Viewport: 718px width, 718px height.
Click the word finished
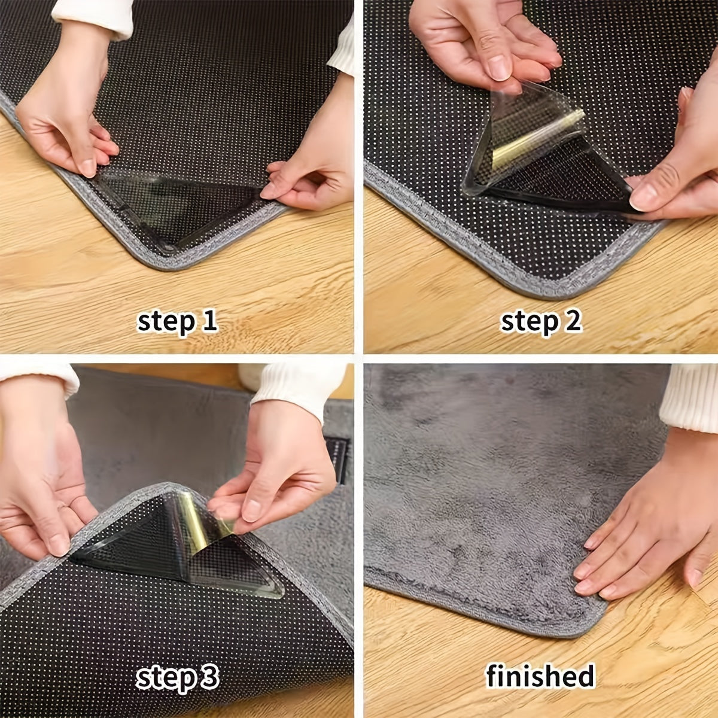(x=540, y=676)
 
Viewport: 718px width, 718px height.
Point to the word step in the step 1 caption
(x=166, y=322)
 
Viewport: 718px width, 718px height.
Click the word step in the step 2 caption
(x=528, y=322)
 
